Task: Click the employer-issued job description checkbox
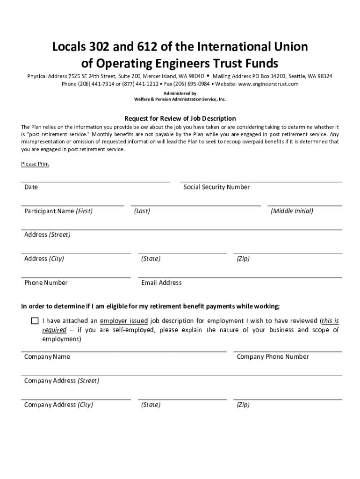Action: tap(35, 321)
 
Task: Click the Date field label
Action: tap(31, 187)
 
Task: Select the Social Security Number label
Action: tap(216, 187)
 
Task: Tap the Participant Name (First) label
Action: tap(58, 211)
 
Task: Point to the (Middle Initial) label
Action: tap(292, 211)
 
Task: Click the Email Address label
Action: tap(161, 283)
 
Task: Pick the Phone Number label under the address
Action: tap(46, 283)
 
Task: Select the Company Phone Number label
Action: tap(273, 356)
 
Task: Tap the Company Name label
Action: tap(47, 356)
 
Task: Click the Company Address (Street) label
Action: tap(61, 381)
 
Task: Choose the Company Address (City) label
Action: tap(58, 405)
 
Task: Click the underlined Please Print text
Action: tap(35, 164)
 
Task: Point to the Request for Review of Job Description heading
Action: tap(180, 118)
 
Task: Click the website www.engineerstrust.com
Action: tap(268, 84)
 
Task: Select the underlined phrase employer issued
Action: tap(124, 321)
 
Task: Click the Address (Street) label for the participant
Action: tap(47, 235)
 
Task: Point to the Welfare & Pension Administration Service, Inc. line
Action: tap(180, 99)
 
